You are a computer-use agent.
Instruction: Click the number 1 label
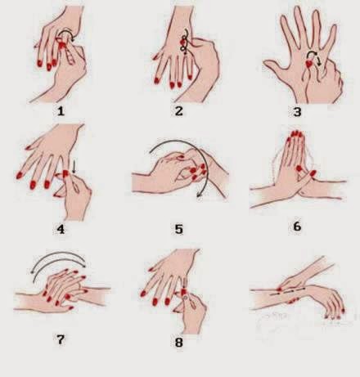[x=61, y=111]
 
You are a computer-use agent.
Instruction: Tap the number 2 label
[x=178, y=111]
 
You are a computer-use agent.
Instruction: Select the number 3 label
[x=297, y=112]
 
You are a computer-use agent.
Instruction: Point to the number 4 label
[x=61, y=229]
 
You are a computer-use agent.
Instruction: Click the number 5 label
[x=178, y=229]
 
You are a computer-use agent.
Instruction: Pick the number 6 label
[x=297, y=227]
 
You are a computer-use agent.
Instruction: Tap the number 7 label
[x=61, y=339]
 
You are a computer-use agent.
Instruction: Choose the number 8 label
[x=178, y=343]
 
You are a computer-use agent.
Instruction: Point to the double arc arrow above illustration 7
[x=59, y=254]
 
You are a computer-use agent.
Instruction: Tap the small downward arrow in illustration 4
[x=74, y=167]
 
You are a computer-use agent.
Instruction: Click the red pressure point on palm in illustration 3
[x=309, y=64]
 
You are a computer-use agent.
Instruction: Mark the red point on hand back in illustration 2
[x=182, y=43]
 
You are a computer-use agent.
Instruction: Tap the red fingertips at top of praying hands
[x=295, y=134]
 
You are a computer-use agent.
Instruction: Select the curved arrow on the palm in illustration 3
[x=313, y=55]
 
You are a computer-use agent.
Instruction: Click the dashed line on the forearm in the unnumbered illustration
[x=287, y=291]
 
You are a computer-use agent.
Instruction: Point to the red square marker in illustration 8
[x=183, y=293]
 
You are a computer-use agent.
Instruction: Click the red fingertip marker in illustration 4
[x=65, y=173]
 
